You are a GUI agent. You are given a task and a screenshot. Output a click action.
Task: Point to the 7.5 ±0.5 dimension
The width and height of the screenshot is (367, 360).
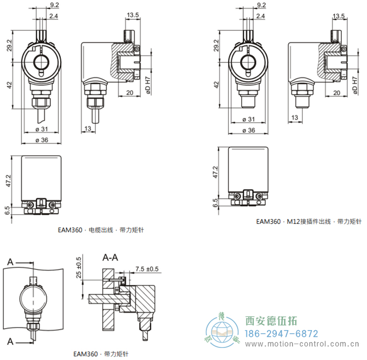coord(147,269)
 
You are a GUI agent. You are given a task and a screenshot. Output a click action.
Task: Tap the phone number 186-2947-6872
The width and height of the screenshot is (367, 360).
coord(282,334)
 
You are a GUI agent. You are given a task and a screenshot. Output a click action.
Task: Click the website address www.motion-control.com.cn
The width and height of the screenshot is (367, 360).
coord(304,344)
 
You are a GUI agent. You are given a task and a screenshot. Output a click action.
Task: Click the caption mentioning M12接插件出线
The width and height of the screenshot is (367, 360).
coord(309,221)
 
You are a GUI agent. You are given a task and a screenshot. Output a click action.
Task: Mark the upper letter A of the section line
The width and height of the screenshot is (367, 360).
coord(9,260)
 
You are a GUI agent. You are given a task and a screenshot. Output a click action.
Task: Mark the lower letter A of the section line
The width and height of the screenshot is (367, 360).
coord(9,342)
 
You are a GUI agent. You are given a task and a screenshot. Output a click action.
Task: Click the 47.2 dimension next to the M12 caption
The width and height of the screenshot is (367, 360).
coord(215,171)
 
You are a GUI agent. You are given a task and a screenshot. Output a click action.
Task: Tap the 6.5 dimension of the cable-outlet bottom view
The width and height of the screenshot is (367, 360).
coord(7,210)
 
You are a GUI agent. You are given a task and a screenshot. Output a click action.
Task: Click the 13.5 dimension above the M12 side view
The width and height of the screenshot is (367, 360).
coord(339,16)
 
